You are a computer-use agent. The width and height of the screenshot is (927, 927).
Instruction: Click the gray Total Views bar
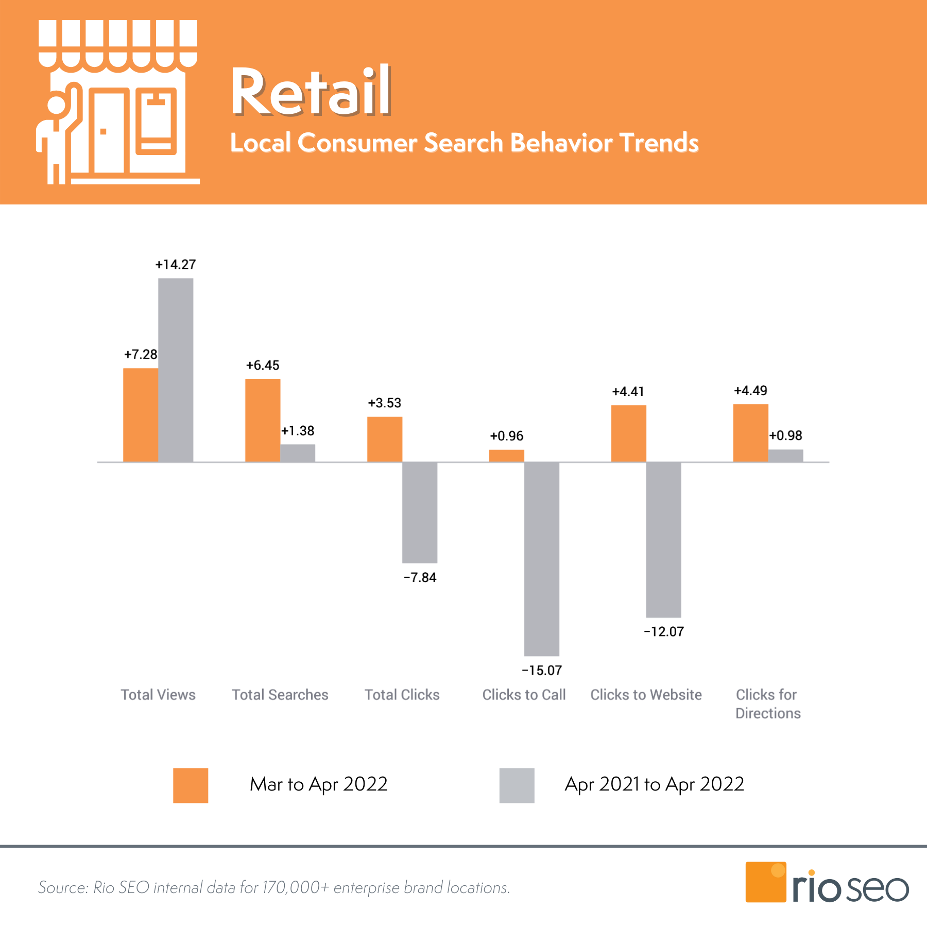point(176,370)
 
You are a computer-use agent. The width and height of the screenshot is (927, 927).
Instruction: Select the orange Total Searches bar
point(263,420)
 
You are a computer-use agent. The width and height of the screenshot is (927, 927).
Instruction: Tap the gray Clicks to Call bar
point(542,559)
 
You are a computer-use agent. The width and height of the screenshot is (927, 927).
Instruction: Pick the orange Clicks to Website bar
point(628,433)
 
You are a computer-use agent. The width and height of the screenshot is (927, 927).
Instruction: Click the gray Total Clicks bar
point(420,512)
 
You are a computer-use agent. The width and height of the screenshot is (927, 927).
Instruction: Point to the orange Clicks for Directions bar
point(750,433)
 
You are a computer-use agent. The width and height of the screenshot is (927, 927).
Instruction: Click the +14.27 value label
point(176,265)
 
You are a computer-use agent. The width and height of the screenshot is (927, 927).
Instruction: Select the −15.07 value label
point(542,671)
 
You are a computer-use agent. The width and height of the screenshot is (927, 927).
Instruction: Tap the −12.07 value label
point(664,632)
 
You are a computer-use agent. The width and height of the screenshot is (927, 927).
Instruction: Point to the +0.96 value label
point(506,436)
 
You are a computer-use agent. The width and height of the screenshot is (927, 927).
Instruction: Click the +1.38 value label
point(298,431)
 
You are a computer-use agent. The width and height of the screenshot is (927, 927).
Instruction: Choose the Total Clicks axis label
point(402,695)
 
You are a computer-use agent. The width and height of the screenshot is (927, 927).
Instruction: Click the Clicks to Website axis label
point(646,695)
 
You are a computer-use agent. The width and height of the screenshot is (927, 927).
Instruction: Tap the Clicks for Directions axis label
point(768,704)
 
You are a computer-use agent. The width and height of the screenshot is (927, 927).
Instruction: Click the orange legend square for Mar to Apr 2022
point(191,785)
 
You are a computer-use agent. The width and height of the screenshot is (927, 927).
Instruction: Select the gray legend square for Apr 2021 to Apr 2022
point(517,785)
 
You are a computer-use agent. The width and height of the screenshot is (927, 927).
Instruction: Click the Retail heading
point(311,92)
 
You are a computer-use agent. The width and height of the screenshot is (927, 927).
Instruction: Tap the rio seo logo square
point(765,882)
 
